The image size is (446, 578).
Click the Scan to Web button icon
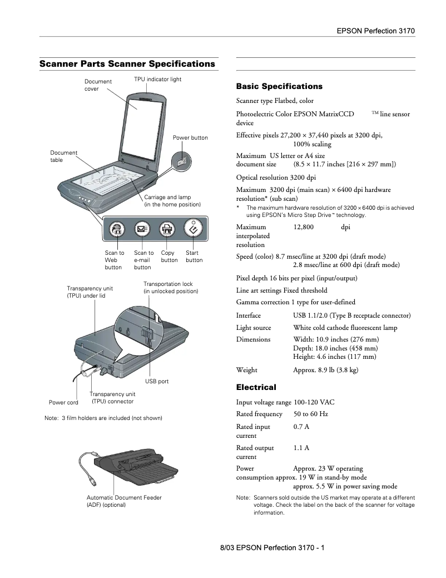click(x=117, y=228)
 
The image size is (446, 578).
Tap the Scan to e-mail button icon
click(x=141, y=229)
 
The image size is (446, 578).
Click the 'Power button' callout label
click(x=190, y=138)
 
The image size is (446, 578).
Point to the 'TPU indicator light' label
click(x=158, y=80)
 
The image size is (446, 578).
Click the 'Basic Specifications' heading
click(x=279, y=87)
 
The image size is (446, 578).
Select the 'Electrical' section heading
click(x=256, y=387)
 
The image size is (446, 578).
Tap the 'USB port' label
click(x=157, y=382)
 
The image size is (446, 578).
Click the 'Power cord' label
click(x=63, y=402)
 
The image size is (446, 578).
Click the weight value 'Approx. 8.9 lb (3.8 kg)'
click(x=325, y=370)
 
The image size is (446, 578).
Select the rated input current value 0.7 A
click(x=301, y=427)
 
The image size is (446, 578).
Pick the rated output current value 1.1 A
click(x=301, y=448)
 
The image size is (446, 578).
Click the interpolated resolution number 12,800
click(x=303, y=227)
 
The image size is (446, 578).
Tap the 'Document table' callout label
click(x=64, y=156)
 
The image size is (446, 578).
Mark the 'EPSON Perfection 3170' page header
click(x=376, y=31)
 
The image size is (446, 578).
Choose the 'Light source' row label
click(x=254, y=328)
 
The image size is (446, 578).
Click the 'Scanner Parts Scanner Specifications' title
click(x=127, y=64)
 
